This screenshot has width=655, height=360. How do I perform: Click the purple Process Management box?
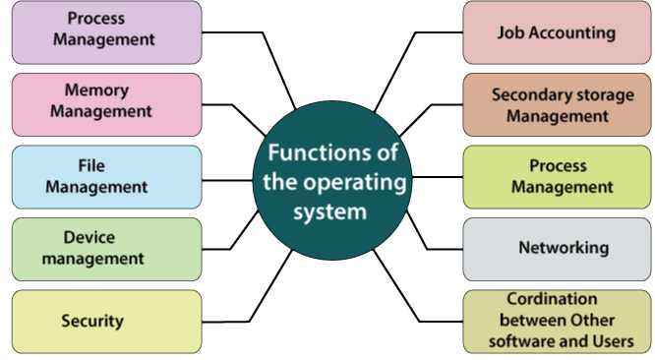click(106, 31)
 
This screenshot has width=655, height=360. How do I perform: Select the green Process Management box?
click(557, 177)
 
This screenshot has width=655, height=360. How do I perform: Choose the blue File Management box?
click(106, 177)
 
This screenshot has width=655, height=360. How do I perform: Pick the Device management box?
click(106, 249)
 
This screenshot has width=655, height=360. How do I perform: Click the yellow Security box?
click(106, 321)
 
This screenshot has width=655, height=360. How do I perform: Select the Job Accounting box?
click(557, 32)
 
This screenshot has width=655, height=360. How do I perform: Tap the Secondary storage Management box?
click(557, 105)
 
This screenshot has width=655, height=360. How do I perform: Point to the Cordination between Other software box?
click(557, 321)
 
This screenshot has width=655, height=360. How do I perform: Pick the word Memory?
click(96, 90)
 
